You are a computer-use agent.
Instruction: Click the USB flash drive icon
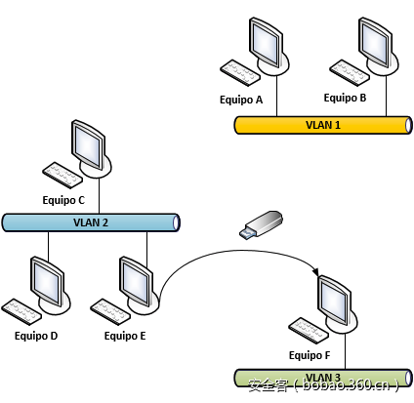262,223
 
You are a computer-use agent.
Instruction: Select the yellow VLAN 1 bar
322,124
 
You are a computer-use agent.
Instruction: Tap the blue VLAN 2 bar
91,222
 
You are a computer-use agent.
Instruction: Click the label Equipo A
241,100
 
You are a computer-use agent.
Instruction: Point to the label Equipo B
345,98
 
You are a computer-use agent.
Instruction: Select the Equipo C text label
63,199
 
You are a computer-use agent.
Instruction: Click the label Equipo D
36,335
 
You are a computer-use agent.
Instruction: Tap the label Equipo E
124,335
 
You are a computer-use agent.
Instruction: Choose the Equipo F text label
309,355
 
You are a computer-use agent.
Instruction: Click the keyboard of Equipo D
23,309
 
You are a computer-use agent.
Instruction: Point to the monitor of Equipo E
133,279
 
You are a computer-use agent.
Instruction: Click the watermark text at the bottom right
322,386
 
